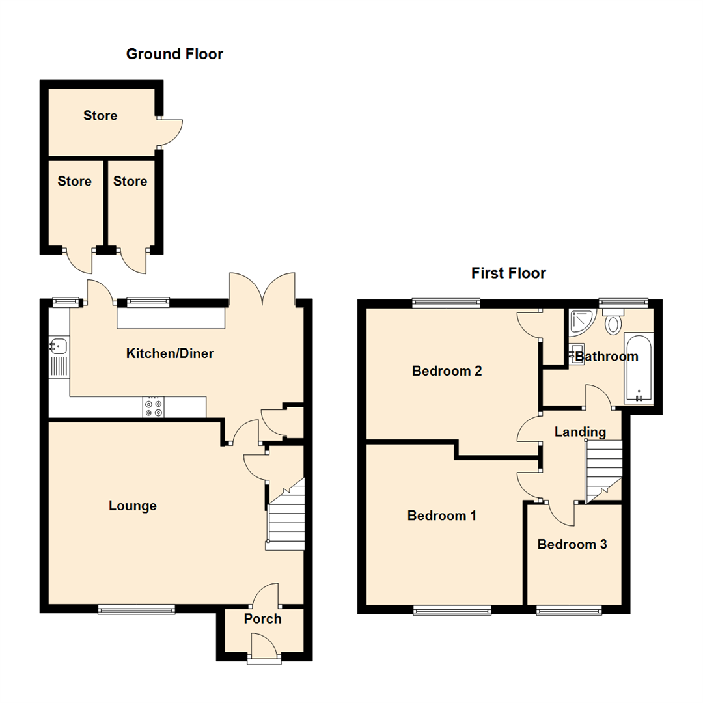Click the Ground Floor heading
(x=174, y=54)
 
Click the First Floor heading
(x=508, y=273)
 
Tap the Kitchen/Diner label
(x=170, y=354)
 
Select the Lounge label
(x=133, y=506)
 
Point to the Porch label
(x=263, y=618)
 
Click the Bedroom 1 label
(x=442, y=516)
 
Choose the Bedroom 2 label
(x=447, y=371)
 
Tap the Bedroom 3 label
(x=572, y=544)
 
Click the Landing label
(x=580, y=432)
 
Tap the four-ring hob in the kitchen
(x=154, y=407)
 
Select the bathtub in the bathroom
(x=638, y=368)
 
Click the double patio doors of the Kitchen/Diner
(x=262, y=290)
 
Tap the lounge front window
(x=137, y=609)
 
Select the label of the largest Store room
(x=100, y=116)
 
